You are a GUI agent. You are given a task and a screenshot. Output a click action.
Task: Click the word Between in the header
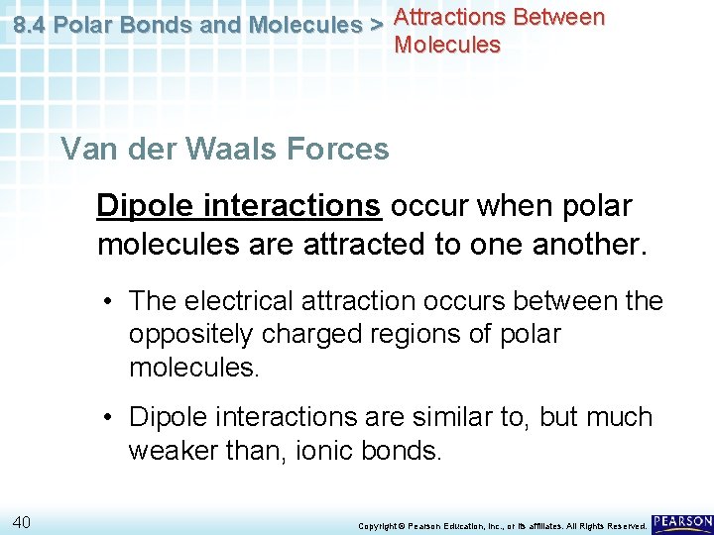tap(557, 17)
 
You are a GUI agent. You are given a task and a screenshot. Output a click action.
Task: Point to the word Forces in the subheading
tap(337, 150)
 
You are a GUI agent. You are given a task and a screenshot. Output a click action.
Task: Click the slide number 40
tap(24, 521)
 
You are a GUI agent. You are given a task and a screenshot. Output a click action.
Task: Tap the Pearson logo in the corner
tap(682, 521)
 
